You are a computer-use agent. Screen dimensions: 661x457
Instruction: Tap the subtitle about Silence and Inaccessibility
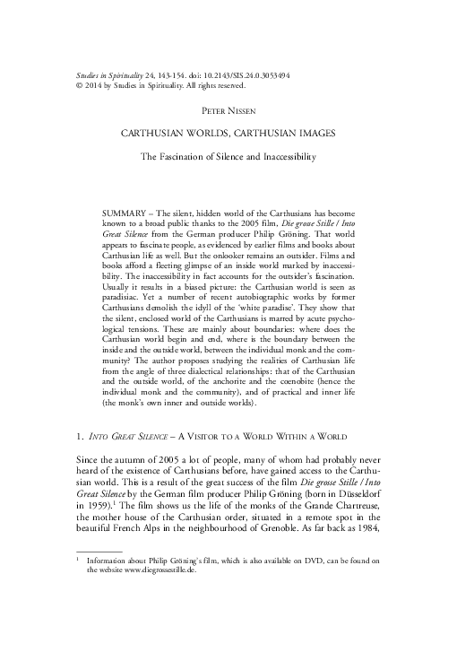click(x=228, y=157)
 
